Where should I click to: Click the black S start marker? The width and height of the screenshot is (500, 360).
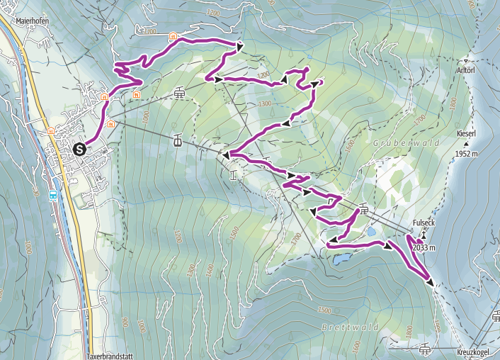click(x=79, y=149)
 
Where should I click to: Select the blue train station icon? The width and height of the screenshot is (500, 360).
click(x=53, y=195)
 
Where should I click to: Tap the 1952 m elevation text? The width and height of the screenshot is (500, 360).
click(x=469, y=154)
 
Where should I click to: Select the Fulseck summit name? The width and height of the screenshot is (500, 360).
click(x=423, y=223)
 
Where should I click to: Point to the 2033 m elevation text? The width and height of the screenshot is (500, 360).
click(x=424, y=247)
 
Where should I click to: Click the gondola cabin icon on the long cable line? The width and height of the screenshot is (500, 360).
click(x=176, y=140)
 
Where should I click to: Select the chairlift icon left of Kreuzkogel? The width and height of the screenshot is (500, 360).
click(x=424, y=349)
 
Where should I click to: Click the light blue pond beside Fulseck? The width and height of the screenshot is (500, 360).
click(x=371, y=231)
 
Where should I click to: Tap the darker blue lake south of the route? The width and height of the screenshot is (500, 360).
click(x=341, y=259)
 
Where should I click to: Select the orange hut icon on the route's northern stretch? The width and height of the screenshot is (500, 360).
click(x=173, y=35)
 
